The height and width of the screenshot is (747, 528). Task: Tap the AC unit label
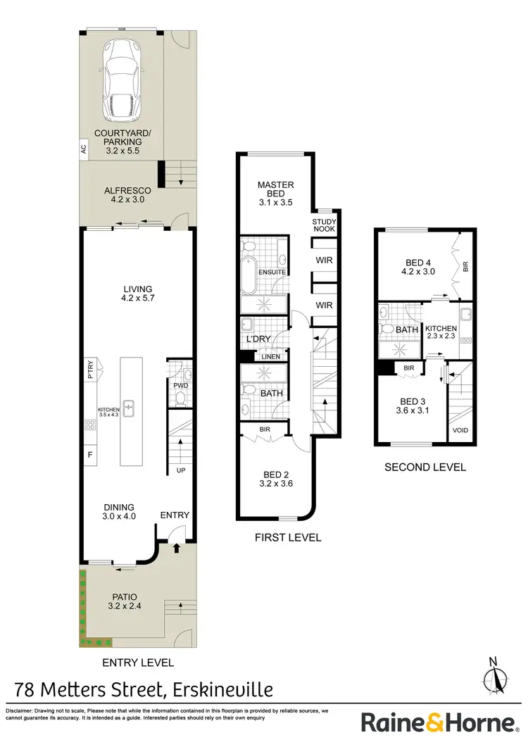[83, 149]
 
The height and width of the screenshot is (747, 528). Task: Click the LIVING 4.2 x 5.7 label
[137, 294]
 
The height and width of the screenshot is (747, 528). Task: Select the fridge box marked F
[90, 455]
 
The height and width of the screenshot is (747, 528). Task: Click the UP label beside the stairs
[180, 470]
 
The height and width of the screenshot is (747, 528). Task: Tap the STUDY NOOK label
[325, 225]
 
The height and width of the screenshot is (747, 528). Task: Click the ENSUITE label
[272, 272]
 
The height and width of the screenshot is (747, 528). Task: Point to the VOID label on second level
[460, 431]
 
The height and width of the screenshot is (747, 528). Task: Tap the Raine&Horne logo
[439, 723]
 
